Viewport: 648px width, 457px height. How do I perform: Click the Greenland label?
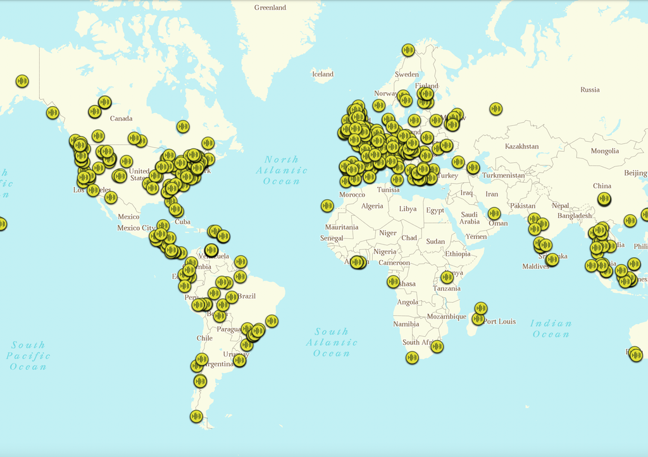tap(270, 8)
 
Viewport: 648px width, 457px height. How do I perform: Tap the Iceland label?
tap(323, 74)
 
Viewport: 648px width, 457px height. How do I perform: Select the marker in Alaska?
tap(22, 81)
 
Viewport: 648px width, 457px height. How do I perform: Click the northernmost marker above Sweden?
tap(408, 49)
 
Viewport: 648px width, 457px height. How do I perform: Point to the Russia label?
tap(590, 90)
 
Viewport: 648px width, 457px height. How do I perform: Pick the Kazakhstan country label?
tap(522, 147)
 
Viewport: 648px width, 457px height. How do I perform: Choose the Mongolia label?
tap(605, 151)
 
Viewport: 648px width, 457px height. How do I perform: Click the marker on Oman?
tap(494, 214)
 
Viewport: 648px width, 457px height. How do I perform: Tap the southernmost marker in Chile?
tap(196, 416)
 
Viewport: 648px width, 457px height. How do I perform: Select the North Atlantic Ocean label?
tap(282, 170)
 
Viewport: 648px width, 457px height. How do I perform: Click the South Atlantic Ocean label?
tap(332, 342)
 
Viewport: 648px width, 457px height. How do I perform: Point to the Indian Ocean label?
tap(551, 329)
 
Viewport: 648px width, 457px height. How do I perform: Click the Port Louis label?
tap(500, 322)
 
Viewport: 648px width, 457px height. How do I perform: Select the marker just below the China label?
tap(604, 199)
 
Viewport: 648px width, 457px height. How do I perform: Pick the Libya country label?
tap(408, 209)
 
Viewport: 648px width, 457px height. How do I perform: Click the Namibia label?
tap(406, 324)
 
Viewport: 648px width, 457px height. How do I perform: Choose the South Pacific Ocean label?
tap(28, 355)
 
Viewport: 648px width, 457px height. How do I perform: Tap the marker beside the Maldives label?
tap(552, 259)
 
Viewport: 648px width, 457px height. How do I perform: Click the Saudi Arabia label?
tap(469, 218)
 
